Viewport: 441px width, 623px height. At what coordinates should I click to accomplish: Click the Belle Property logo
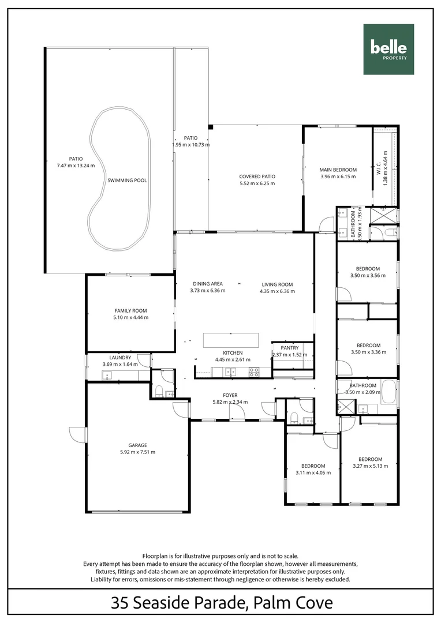coord(388,50)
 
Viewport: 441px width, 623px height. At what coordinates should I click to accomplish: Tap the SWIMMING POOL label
coord(127,181)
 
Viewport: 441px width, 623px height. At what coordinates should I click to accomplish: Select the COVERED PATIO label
coord(257,177)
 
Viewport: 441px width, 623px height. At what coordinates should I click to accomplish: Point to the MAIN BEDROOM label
coord(338,170)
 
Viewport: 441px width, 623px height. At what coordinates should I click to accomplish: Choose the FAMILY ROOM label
coord(131,310)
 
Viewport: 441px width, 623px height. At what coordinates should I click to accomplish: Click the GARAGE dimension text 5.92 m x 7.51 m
coord(137,452)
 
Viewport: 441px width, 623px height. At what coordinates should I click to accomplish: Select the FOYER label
coord(230,395)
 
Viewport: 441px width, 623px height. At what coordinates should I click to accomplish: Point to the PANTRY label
coord(289,348)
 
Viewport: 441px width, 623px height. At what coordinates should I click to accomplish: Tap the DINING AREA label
coord(207,284)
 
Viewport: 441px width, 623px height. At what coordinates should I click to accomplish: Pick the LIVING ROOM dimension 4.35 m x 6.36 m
coord(277,291)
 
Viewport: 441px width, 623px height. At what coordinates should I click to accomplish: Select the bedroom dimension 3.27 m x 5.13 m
coord(370,466)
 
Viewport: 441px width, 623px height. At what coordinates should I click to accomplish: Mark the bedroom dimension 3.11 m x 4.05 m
coord(313,472)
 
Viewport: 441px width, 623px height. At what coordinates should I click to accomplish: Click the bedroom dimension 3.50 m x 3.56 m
coord(367,276)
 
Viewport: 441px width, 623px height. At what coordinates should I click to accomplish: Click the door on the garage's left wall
coord(76,434)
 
